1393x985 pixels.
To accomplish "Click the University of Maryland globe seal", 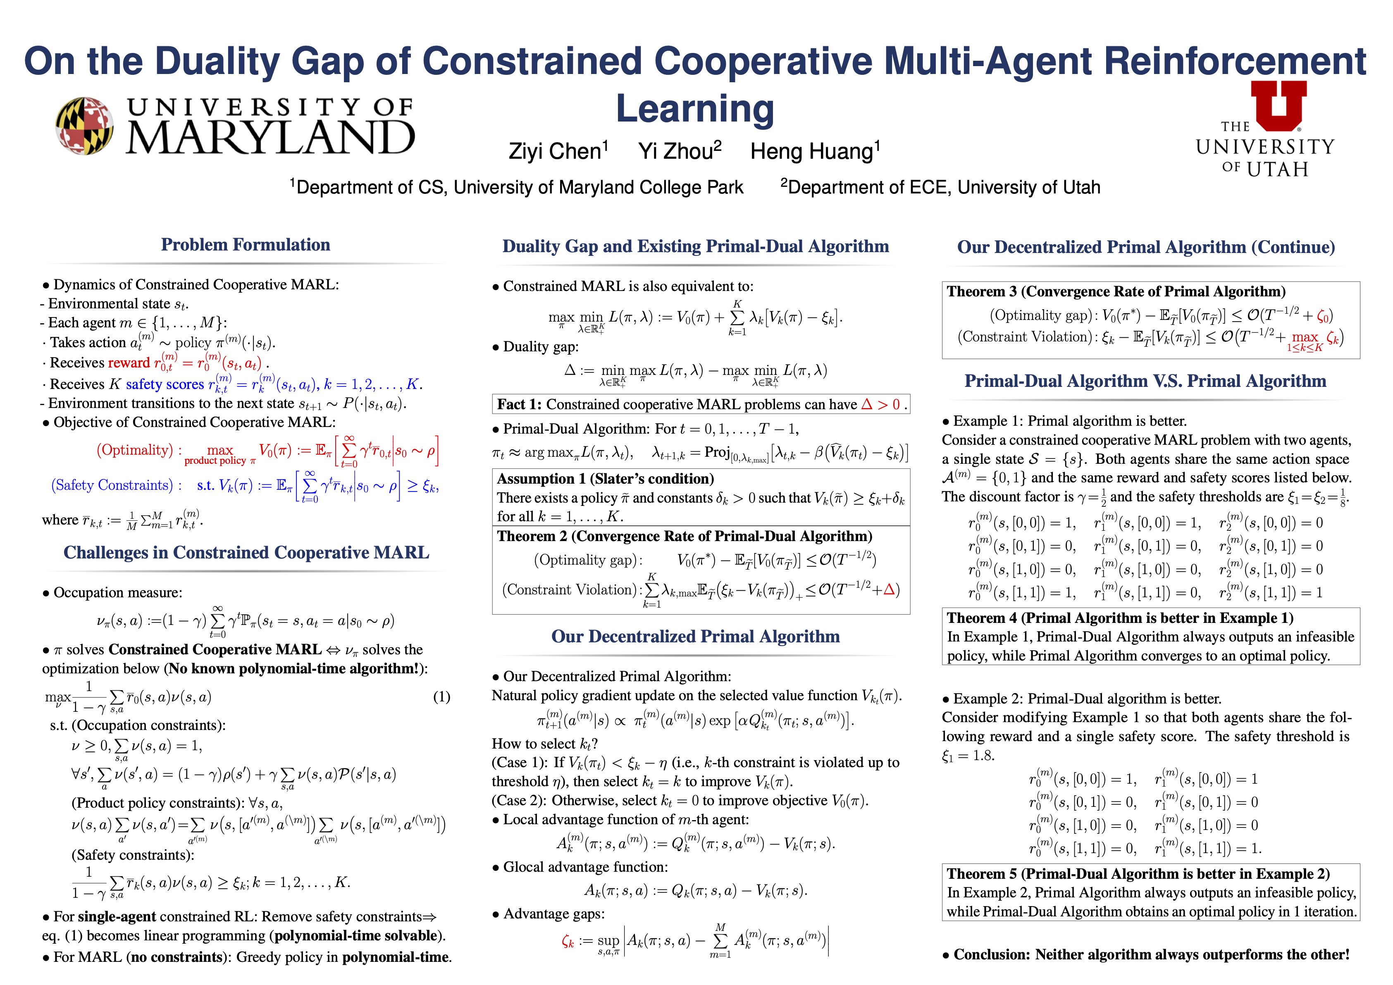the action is (x=84, y=126).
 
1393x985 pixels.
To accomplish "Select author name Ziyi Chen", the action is (x=557, y=151).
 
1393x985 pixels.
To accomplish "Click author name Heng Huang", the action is (x=814, y=151).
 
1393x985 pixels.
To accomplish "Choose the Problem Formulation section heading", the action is (x=245, y=245).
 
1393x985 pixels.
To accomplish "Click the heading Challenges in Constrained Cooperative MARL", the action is (x=246, y=553).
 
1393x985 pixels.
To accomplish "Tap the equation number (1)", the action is (x=441, y=697).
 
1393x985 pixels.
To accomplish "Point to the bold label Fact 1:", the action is (x=519, y=405).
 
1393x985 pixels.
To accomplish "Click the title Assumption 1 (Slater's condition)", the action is (x=605, y=479).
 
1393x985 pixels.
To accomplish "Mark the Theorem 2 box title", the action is (x=684, y=536).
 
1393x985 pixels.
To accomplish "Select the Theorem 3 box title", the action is (x=1115, y=292).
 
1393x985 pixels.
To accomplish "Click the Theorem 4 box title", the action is (x=1119, y=618).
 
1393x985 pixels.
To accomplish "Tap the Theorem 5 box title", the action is (x=1138, y=874).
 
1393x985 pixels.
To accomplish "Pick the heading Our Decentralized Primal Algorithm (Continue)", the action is (x=1145, y=248).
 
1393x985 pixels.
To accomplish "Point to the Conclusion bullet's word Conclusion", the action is (x=991, y=955).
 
